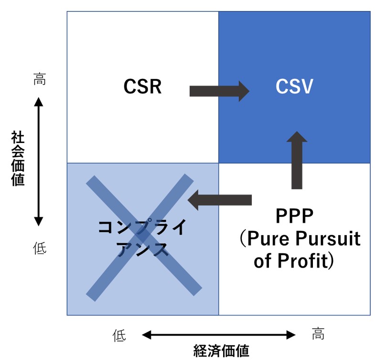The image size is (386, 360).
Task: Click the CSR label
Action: [x=142, y=87]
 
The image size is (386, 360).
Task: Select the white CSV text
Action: [x=294, y=87]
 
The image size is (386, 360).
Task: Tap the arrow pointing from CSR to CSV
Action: [x=219, y=90]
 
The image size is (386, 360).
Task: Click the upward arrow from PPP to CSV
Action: [x=297, y=160]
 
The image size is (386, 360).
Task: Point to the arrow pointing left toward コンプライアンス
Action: [x=220, y=199]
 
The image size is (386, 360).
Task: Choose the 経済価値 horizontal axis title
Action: [x=221, y=351]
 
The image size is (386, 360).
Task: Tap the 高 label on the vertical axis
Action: [x=39, y=79]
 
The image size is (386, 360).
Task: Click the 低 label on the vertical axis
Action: [x=39, y=248]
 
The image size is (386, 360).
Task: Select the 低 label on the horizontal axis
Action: [x=119, y=335]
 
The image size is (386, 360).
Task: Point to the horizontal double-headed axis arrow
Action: [x=219, y=335]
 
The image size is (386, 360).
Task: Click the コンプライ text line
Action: [x=142, y=227]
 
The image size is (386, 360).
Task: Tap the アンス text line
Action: [x=142, y=249]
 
